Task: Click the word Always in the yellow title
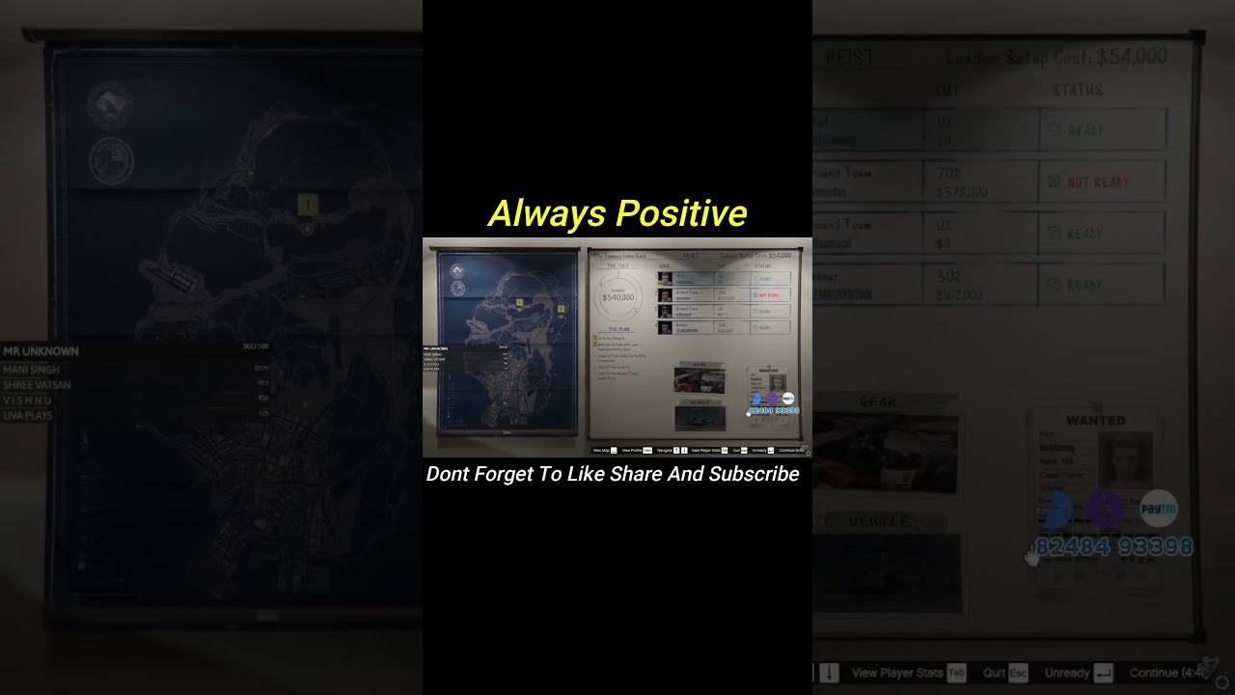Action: (547, 213)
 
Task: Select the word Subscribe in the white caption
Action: (754, 474)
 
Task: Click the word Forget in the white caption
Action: (510, 474)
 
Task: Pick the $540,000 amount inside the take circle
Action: (617, 297)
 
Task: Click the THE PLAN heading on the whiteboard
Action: (618, 329)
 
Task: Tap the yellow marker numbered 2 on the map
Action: (561, 309)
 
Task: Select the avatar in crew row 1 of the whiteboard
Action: (665, 278)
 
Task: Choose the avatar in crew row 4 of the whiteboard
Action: (665, 327)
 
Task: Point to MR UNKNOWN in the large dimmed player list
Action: (41, 351)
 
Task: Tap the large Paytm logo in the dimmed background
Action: (1158, 509)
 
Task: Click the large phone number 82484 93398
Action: (1114, 547)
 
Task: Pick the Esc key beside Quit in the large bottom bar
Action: (1018, 673)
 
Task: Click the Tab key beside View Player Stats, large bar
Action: (956, 673)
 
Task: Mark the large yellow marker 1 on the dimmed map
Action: (307, 205)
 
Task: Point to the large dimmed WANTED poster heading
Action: (1095, 421)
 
